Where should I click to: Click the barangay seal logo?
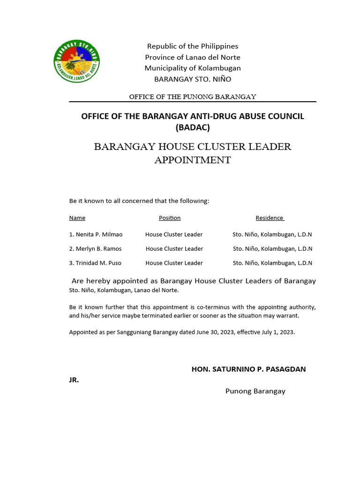pos(77,61)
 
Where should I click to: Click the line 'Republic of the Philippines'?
pos(193,46)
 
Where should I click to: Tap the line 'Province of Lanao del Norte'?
pos(193,57)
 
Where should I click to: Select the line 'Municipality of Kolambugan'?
pos(193,68)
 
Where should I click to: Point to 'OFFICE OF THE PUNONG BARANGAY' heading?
pos(193,97)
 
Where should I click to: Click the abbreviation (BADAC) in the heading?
pos(193,127)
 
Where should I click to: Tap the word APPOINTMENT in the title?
pos(193,160)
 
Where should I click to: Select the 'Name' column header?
pos(77,218)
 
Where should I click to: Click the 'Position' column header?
pos(170,218)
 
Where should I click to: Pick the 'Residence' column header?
pos(270,218)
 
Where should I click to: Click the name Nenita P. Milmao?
pos(99,234)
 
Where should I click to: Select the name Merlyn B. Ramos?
pos(98,249)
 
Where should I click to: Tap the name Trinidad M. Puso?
pos(98,263)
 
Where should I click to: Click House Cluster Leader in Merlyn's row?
pos(174,249)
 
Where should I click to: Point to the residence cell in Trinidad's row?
pos(272,263)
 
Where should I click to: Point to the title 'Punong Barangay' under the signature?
pos(255,391)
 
